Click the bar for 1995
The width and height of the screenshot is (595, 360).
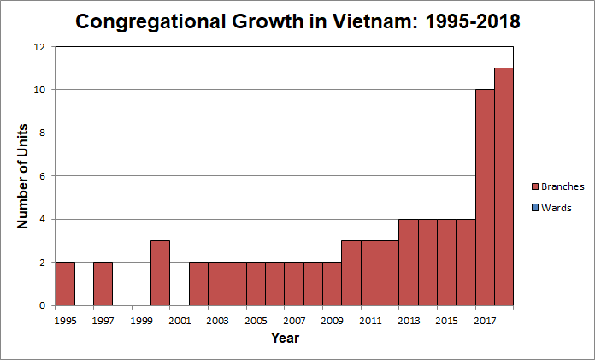[65, 283]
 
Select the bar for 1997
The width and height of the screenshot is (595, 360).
[103, 283]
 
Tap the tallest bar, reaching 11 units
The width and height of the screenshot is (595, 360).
[504, 186]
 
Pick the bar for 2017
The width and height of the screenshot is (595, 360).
[485, 197]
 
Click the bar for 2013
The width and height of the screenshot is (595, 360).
[408, 262]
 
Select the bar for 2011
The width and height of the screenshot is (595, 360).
[370, 273]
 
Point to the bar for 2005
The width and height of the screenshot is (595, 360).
[256, 283]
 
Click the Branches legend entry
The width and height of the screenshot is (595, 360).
[562, 186]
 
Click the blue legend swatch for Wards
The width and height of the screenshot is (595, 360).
[535, 207]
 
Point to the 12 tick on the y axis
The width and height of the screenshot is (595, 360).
[39, 47]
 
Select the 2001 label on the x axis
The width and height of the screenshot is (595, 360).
[180, 321]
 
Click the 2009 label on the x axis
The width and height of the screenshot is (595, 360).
[333, 321]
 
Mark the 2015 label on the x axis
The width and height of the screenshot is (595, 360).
[447, 321]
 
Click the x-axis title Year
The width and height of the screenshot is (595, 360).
[285, 339]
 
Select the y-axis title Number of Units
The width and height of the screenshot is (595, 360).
[23, 176]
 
